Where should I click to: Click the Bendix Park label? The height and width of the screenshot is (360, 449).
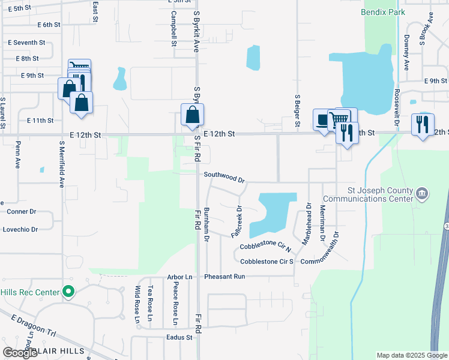pyautogui.click(x=383, y=12)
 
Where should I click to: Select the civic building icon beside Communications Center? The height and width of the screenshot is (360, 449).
pyautogui.click(x=423, y=193)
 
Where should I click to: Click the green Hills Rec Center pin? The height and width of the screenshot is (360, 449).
pyautogui.click(x=68, y=292)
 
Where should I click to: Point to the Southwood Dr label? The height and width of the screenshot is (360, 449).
pyautogui.click(x=224, y=176)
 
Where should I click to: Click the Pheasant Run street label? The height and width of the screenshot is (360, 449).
pyautogui.click(x=224, y=277)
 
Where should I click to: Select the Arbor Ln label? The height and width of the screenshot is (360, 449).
pyautogui.click(x=180, y=277)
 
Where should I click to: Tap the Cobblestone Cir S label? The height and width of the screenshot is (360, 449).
pyautogui.click(x=267, y=262)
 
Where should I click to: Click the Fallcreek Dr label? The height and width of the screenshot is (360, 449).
pyautogui.click(x=237, y=222)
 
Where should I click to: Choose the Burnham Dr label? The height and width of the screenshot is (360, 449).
pyautogui.click(x=206, y=225)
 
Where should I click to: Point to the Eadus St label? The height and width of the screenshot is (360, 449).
pyautogui.click(x=179, y=337)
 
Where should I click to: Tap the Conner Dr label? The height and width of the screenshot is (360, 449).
pyautogui.click(x=22, y=212)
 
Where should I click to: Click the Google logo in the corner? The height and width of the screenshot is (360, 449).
pyautogui.click(x=20, y=353)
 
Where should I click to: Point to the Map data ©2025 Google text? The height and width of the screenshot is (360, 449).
pyautogui.click(x=411, y=355)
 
